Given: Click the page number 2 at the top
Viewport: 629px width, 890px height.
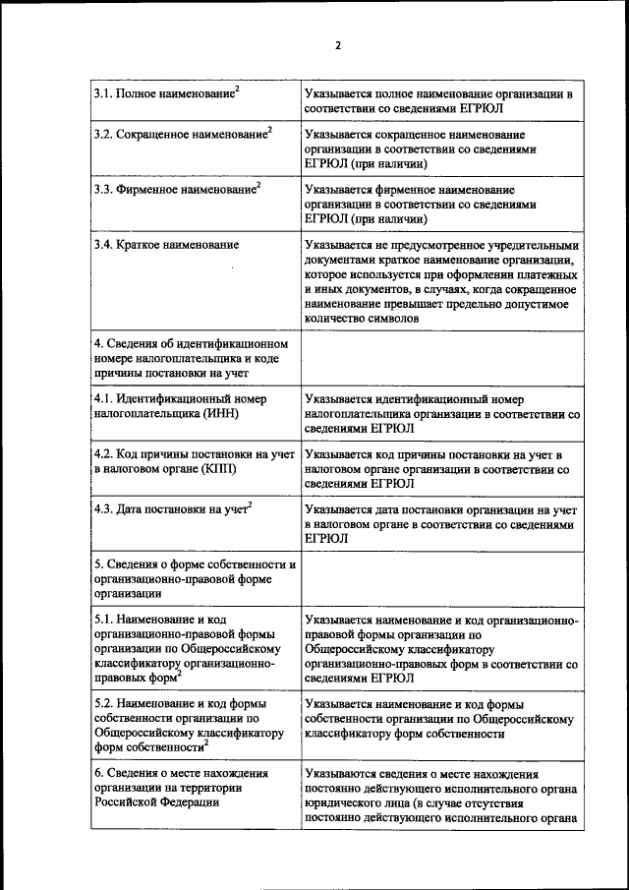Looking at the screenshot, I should point(337,45).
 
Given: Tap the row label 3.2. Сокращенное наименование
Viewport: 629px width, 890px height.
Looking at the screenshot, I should point(182,133).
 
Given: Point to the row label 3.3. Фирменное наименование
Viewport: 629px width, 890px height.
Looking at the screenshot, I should point(176,187).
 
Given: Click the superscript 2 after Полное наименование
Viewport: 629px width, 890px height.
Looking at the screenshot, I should point(237,89).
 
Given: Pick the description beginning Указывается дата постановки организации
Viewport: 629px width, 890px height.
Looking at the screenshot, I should point(440,524).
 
